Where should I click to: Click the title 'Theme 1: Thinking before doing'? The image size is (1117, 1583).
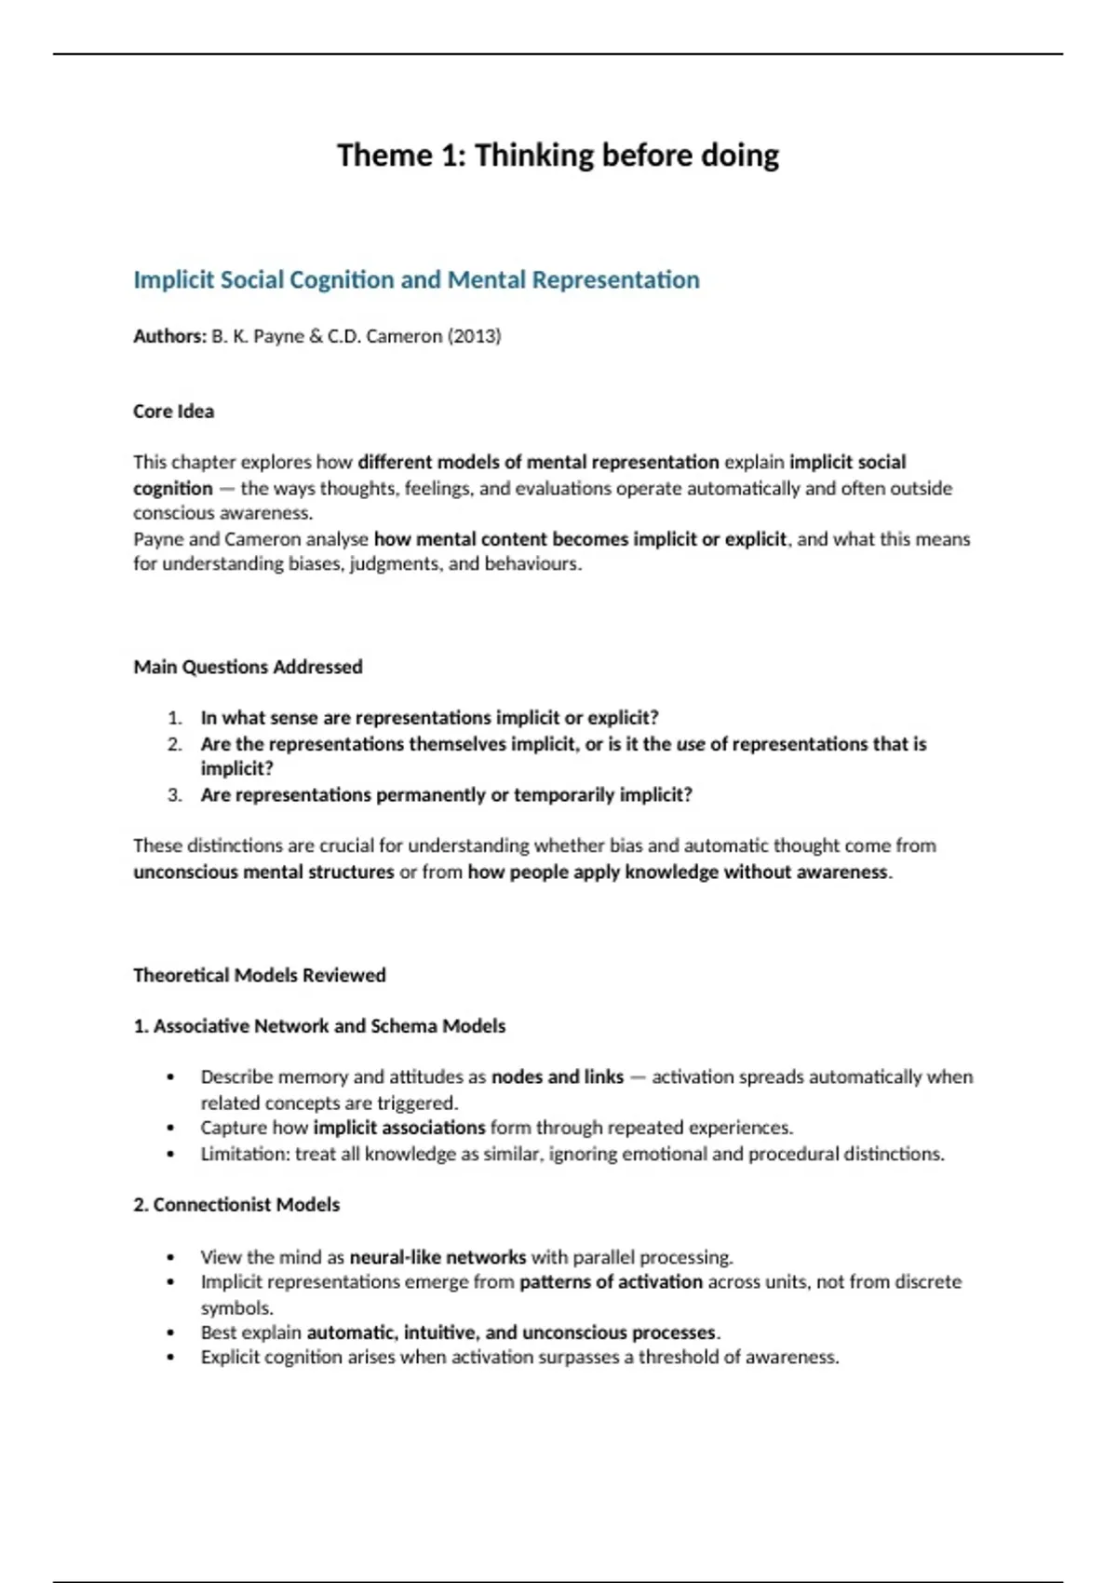[558, 156]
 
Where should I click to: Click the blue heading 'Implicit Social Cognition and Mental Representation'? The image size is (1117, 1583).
[416, 280]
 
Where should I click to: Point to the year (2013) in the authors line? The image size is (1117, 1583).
[474, 336]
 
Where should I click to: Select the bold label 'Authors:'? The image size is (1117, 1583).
[169, 336]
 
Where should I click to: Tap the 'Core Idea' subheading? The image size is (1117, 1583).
[173, 412]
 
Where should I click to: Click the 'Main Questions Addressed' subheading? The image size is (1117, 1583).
[248, 667]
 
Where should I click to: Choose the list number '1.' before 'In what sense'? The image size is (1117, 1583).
[175, 718]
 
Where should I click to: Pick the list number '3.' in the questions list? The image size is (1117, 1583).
[175, 795]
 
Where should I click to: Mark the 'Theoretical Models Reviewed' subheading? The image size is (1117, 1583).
[259, 975]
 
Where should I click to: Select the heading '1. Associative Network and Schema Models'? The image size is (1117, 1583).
[319, 1026]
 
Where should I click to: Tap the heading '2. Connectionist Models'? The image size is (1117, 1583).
[236, 1205]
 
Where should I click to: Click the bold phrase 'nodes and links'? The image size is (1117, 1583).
[557, 1077]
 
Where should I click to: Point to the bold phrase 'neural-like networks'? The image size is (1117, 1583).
[437, 1257]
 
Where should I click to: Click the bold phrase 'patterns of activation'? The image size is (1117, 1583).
[611, 1282]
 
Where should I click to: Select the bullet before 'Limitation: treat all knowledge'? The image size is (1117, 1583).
[170, 1155]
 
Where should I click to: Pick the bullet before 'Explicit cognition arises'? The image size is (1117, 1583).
[170, 1358]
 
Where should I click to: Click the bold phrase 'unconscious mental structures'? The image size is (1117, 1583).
[263, 873]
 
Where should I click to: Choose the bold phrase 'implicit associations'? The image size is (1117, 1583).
[399, 1128]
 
